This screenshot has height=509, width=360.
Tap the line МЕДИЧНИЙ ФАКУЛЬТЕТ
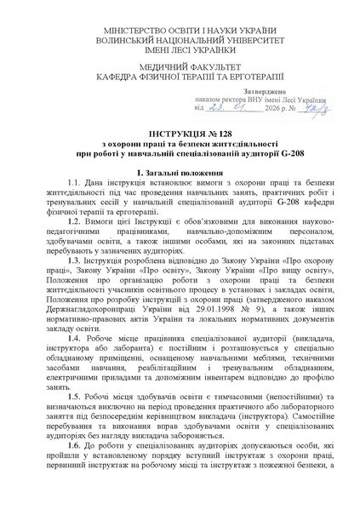pyautogui.click(x=180, y=65)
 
